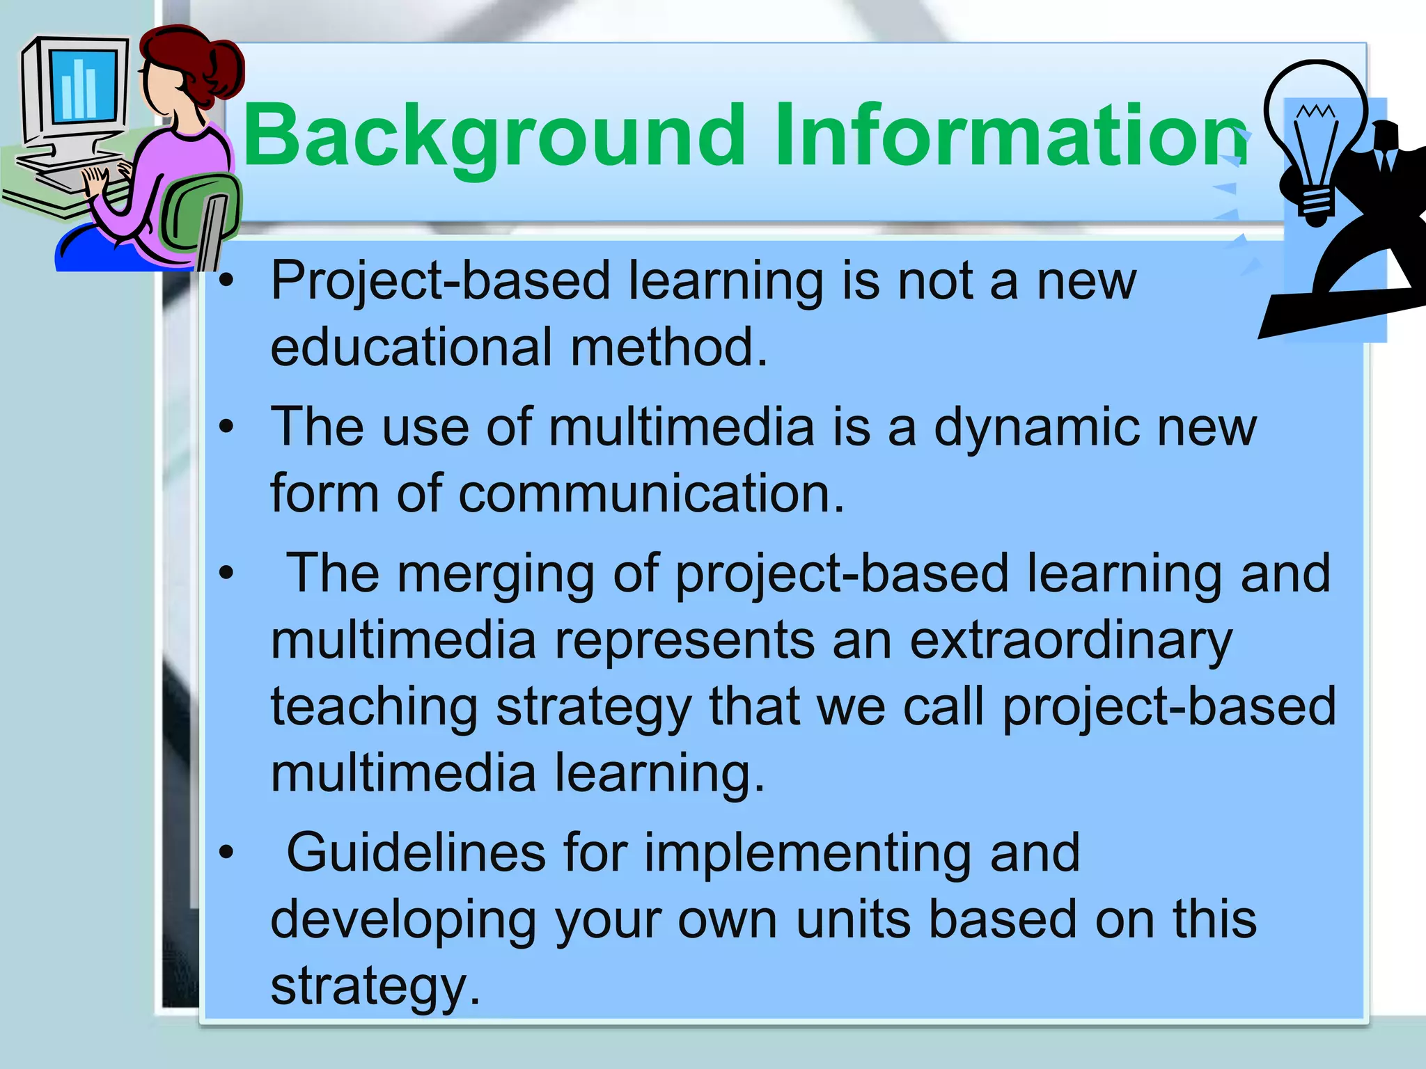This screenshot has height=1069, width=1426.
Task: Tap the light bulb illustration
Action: [x=1315, y=139]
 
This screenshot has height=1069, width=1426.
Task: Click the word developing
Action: [x=402, y=921]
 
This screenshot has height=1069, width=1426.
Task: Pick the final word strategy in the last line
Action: [x=374, y=987]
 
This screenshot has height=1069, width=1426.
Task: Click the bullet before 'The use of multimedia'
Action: [x=226, y=427]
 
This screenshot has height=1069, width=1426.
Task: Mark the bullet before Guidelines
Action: [x=226, y=853]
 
